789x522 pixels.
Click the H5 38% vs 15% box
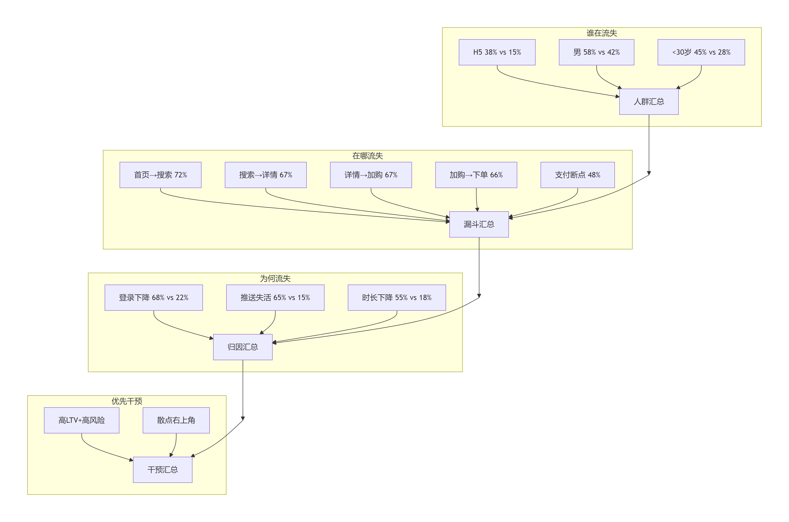coord(497,52)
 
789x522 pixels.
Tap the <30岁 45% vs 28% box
coord(701,52)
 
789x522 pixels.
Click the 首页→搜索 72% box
coord(160,175)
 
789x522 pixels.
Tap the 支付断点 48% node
coord(577,175)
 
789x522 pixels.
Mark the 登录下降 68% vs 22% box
coord(154,298)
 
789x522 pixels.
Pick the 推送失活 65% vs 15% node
coord(275,298)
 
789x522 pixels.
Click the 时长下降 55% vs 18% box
coord(397,298)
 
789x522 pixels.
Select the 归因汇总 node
coord(243,347)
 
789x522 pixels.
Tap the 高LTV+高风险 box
coord(82,420)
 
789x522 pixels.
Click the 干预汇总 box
coord(163,470)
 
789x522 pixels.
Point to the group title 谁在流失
coord(602,33)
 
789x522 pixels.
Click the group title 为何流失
coord(275,279)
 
